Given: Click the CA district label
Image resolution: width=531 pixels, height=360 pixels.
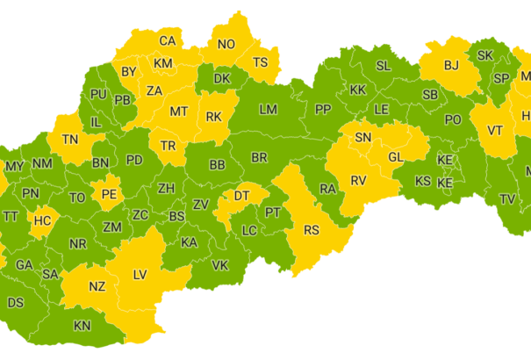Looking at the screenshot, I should click(x=167, y=40).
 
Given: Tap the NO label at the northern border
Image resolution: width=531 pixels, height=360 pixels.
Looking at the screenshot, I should click(x=226, y=45).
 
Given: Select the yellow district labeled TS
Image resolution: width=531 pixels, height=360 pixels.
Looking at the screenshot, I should click(x=260, y=62).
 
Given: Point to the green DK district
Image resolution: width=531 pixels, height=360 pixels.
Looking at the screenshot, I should click(x=222, y=79).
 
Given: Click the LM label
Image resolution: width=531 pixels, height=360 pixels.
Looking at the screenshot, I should click(x=268, y=110).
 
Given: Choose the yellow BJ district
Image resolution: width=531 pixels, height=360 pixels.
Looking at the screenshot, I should click(x=451, y=65).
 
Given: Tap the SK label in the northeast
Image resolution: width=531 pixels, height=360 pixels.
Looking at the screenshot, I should click(x=485, y=55).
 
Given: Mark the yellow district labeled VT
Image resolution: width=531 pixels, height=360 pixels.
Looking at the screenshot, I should click(x=495, y=130).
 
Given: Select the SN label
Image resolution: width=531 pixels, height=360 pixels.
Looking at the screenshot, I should click(x=362, y=137).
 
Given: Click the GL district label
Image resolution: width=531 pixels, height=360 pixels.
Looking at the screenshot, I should click(x=395, y=156).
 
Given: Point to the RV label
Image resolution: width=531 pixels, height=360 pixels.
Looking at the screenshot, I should click(x=358, y=180).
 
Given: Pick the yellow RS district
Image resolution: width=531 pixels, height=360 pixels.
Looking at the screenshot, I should click(x=312, y=230).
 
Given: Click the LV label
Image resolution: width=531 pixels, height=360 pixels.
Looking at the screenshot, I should click(x=140, y=275).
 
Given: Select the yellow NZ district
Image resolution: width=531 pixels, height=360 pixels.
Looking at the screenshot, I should click(x=97, y=287).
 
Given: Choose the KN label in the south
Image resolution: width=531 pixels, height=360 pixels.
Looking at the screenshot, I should click(x=82, y=326).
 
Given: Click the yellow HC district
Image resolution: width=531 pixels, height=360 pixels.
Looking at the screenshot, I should click(x=42, y=220).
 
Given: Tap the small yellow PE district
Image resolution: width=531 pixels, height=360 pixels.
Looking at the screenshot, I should click(x=110, y=193).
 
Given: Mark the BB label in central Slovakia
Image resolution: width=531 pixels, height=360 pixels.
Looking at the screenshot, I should click(x=218, y=164).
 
